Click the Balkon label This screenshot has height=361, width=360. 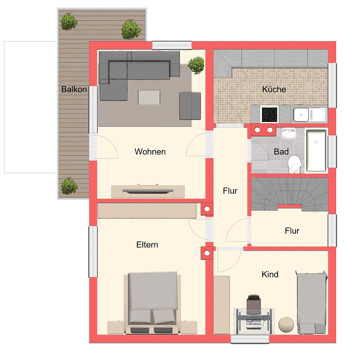74,89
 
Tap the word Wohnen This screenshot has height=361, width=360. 150,152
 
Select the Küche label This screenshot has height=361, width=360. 274,89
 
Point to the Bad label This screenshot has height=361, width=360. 281,152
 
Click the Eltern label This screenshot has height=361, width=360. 147,245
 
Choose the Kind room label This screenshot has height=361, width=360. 270,275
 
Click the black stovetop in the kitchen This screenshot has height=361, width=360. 270,114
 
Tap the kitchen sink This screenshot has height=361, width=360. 309,114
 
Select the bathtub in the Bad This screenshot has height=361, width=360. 316,150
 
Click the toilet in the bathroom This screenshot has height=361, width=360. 294,164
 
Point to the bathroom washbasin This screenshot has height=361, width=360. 289,134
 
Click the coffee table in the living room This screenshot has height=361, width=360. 149,97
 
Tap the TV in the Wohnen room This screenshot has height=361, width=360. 148,191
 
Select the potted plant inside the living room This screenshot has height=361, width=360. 196,65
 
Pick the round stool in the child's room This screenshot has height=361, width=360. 286,324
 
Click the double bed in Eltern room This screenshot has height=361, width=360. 153,303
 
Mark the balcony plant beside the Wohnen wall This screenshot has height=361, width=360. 69,186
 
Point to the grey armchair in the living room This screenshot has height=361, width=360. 190,106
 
